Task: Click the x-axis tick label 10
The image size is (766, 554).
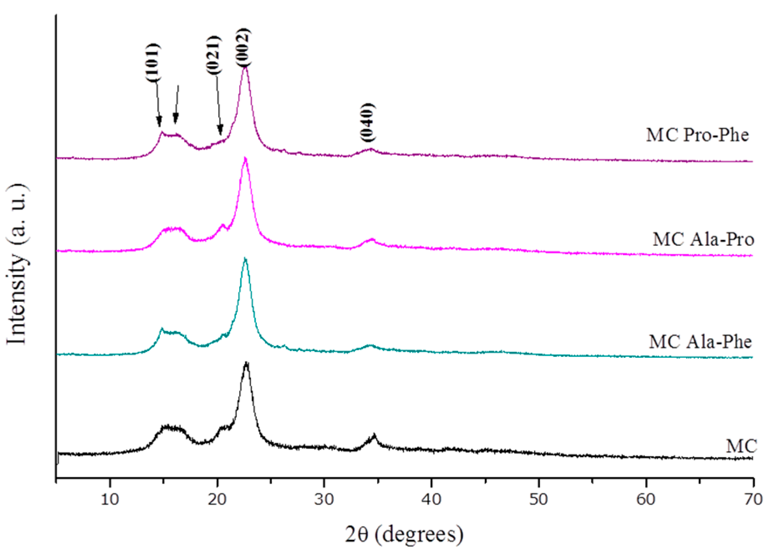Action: [110, 498]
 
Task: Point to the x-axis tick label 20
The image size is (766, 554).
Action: [217, 498]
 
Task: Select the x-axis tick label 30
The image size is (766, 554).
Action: [324, 498]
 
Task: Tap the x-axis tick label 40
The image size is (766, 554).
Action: [431, 498]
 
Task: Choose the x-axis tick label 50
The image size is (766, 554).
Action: [538, 498]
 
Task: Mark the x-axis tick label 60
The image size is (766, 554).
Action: [646, 498]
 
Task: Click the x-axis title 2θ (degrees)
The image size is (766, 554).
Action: [404, 534]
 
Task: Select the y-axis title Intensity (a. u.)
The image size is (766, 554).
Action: [17, 264]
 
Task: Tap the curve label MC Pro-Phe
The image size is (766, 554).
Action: [697, 135]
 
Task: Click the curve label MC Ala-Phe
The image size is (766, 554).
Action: [700, 342]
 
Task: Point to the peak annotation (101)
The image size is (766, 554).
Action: [152, 62]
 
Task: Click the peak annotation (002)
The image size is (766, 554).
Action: [243, 47]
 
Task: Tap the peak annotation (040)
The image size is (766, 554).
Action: [368, 122]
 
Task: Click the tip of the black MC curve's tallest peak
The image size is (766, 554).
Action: [246, 363]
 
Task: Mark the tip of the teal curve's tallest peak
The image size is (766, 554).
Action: [245, 259]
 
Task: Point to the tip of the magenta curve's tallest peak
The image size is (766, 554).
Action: [246, 158]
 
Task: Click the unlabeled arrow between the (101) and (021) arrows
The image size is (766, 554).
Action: [177, 104]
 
